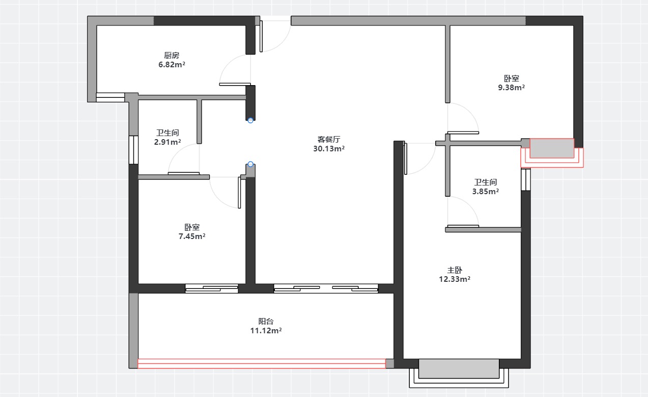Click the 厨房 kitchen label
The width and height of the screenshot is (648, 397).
(172, 55)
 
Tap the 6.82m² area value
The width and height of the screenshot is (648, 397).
(172, 64)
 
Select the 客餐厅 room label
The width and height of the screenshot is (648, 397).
(329, 139)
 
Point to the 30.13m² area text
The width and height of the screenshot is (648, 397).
(329, 148)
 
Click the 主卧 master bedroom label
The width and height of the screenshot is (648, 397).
(455, 270)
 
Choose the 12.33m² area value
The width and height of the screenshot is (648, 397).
(455, 279)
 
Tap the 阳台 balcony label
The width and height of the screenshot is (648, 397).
(266, 321)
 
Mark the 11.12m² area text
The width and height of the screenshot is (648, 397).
(266, 330)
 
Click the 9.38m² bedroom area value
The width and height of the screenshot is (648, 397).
(511, 87)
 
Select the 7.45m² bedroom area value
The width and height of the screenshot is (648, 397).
(192, 236)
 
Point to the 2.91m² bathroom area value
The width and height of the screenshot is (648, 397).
(167, 142)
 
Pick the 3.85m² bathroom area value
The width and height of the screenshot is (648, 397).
(486, 192)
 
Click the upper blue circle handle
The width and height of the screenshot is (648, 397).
(250, 120)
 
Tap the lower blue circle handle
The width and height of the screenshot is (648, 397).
(250, 164)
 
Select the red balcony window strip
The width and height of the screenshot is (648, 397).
(262, 364)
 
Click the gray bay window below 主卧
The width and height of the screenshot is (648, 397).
(459, 368)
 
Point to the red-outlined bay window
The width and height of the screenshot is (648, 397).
(552, 153)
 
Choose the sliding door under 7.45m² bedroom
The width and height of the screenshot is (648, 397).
(211, 288)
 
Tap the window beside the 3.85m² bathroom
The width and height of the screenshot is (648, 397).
(526, 179)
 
